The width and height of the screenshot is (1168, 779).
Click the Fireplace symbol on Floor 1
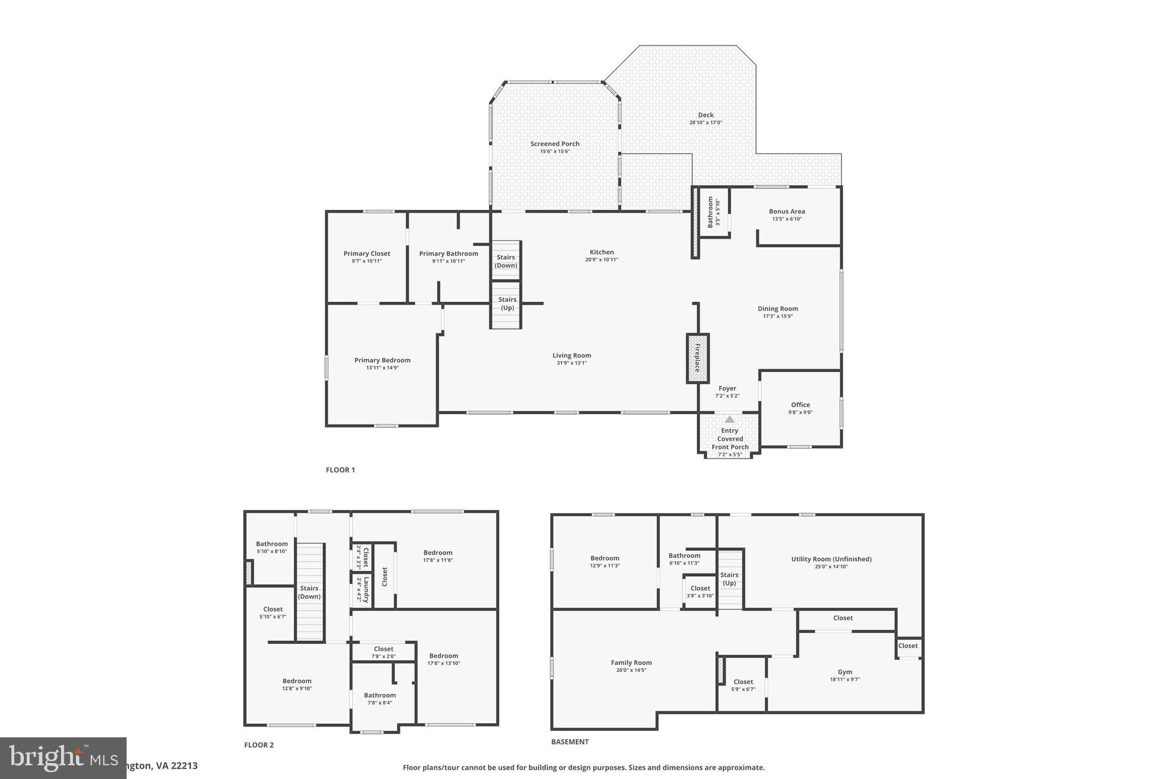point(697,358)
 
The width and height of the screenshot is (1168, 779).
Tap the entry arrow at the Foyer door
point(729,419)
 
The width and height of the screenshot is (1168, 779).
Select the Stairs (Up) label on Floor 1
point(507,304)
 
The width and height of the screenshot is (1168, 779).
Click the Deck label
point(705,115)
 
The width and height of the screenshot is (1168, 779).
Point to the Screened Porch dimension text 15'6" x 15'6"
point(555,151)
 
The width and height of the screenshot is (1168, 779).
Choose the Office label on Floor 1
point(800,405)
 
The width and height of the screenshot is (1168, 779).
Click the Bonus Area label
point(786,211)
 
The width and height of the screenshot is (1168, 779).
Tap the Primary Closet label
point(367,253)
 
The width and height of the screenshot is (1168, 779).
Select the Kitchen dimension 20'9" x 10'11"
point(601,260)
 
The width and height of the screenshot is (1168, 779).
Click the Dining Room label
point(777,308)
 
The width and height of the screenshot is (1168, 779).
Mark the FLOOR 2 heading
point(259,745)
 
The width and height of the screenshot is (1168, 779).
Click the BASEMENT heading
point(569,742)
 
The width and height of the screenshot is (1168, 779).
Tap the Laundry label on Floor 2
point(366,590)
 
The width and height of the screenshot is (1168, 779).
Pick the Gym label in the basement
point(845,672)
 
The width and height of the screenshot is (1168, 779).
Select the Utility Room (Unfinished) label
point(831,559)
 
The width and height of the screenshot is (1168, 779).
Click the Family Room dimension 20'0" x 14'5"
point(631,670)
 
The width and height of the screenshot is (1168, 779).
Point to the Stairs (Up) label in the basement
point(729,579)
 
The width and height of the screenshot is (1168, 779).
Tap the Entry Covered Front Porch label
point(729,439)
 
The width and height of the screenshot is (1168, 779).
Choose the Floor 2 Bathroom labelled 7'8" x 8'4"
point(380,695)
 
